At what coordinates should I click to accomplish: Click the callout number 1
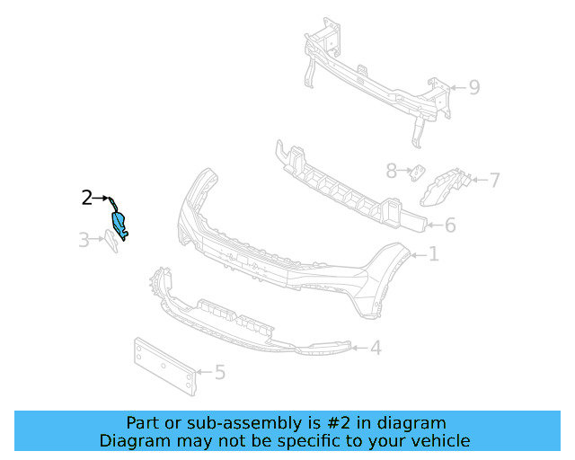(433, 255)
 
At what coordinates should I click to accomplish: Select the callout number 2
(87, 198)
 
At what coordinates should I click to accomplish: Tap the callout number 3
(83, 240)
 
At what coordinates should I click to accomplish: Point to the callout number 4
(376, 348)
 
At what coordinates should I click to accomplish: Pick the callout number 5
(219, 371)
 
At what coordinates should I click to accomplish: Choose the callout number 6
(450, 226)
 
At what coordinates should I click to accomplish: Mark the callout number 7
(494, 181)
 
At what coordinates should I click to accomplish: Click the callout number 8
(391, 170)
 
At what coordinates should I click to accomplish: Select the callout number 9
(474, 87)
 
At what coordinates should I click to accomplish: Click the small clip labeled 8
(418, 171)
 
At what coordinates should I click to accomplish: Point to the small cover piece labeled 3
(110, 242)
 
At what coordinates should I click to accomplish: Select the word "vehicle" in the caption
(438, 441)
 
